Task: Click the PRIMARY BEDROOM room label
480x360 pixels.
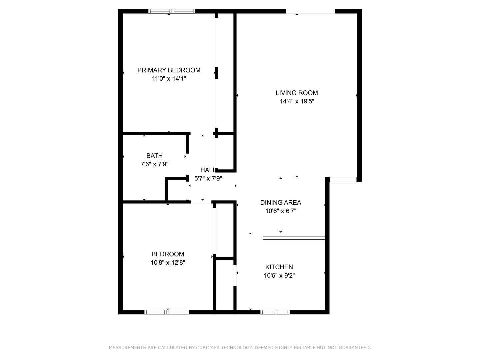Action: (169, 70)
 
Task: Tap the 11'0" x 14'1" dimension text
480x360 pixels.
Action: (169, 78)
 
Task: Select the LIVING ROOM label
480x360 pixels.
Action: (297, 93)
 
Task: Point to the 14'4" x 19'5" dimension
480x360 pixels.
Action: (297, 101)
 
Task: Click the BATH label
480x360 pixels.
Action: (154, 156)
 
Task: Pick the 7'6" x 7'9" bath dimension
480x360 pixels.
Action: (154, 164)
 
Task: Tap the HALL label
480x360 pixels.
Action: (208, 170)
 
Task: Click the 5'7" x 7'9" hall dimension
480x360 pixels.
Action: (208, 178)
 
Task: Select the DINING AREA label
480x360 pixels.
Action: (281, 203)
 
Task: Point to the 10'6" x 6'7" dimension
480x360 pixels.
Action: (281, 211)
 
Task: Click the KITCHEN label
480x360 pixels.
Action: (279, 267)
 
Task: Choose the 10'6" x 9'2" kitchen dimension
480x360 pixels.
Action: (279, 275)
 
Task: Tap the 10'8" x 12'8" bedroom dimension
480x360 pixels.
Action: (168, 262)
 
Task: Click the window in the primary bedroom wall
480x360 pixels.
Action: (172, 11)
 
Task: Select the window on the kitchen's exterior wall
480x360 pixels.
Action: (275, 312)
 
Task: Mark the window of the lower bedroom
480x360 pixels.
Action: (167, 312)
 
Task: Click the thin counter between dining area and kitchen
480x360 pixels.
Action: (294, 238)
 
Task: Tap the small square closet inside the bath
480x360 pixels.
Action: (177, 190)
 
